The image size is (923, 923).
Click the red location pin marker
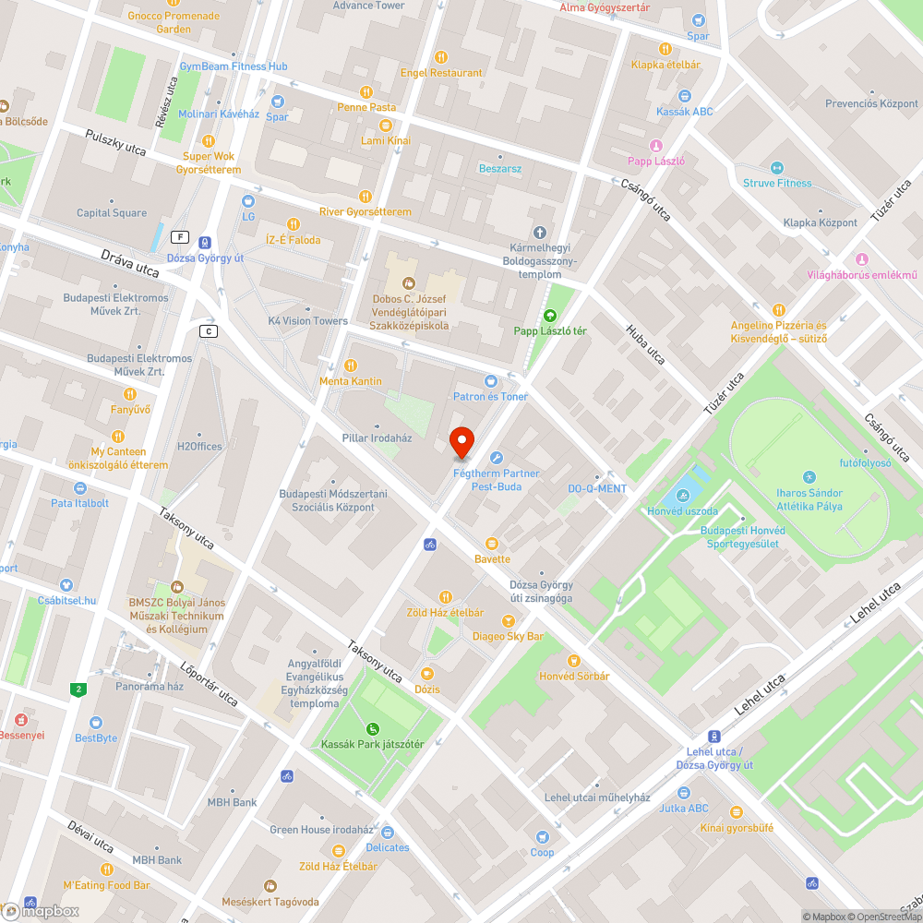pos(461,442)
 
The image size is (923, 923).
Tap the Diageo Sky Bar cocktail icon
pos(507,621)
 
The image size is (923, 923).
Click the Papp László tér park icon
pos(551,315)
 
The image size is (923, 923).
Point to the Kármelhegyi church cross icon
pos(540,232)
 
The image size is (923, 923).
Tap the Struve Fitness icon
pos(776,167)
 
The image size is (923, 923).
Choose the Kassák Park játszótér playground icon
pos(373,728)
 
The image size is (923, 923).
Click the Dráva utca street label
pos(130,261)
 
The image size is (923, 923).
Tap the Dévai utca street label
pos(90,836)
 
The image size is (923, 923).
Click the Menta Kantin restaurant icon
pos(350,366)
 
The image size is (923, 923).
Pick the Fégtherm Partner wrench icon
pos(496,458)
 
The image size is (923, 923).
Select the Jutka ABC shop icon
pos(684,792)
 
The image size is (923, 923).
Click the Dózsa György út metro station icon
pos(204,242)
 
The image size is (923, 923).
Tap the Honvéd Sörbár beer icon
pos(574,661)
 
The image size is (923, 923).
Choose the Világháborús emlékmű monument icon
pos(862,258)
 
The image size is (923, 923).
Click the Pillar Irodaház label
pos(377,438)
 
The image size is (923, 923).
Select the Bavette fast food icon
pos(491,543)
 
